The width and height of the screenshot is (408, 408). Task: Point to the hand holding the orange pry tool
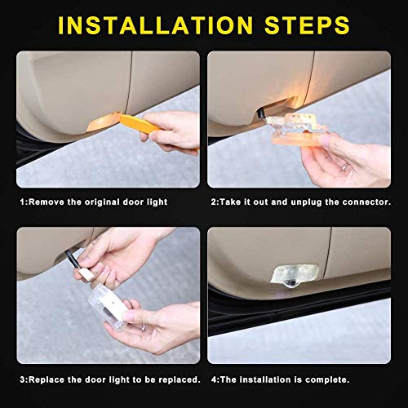[167, 131]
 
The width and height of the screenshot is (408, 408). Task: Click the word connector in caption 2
[369, 200]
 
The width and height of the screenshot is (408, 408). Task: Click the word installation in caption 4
[260, 379]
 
